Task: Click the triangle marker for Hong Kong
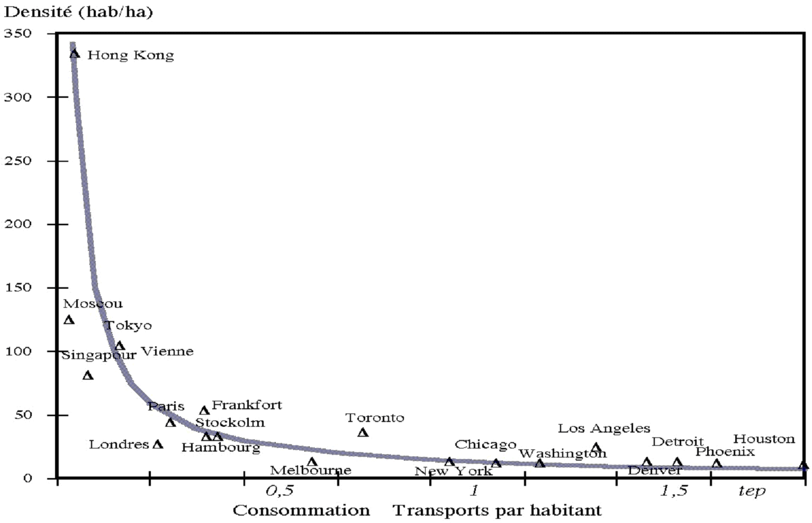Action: tap(75, 53)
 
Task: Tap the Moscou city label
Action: tap(93, 304)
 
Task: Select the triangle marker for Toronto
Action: tap(363, 433)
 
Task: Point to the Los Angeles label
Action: tap(603, 428)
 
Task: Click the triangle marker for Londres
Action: tap(158, 444)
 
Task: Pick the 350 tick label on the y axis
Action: tap(18, 33)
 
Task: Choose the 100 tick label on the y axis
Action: tap(18, 351)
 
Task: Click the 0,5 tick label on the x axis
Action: tap(279, 491)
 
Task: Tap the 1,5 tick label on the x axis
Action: tap(674, 491)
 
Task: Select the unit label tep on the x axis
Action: tap(752, 492)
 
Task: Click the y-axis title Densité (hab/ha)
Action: tap(78, 12)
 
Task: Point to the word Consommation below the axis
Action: tap(301, 510)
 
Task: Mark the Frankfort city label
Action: tap(247, 406)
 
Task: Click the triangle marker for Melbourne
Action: tap(312, 462)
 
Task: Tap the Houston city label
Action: tap(764, 439)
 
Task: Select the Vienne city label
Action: tap(167, 352)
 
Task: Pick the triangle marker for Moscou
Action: tap(69, 320)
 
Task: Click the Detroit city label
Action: tap(677, 442)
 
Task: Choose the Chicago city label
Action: tap(485, 445)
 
